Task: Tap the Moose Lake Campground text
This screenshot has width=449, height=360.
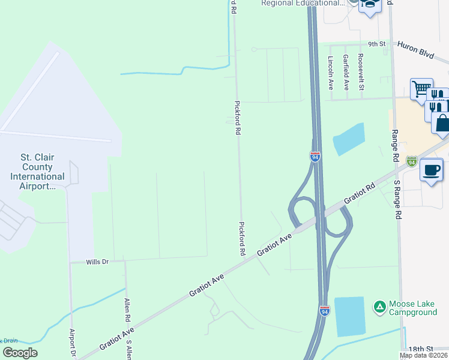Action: point(413,308)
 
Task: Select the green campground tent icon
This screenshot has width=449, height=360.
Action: point(379,308)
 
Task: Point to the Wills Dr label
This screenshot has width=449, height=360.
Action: point(97,262)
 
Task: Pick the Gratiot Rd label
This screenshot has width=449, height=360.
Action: point(359,193)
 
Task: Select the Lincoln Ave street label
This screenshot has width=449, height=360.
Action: point(330,73)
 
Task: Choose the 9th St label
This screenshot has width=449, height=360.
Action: point(376,44)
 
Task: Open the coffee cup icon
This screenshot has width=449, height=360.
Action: point(432,170)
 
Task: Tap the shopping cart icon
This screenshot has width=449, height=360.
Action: point(421,89)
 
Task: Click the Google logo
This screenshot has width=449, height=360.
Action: point(20,352)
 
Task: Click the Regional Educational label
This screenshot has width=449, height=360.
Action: point(304,4)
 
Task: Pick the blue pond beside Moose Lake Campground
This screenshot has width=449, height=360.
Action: point(349,316)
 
